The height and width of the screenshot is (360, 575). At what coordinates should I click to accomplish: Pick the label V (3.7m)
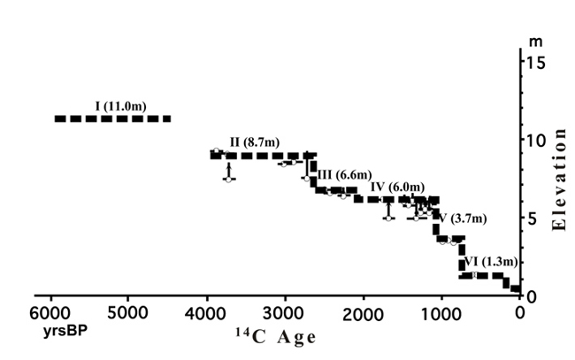click(x=468, y=218)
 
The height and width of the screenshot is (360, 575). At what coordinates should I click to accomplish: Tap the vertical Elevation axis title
click(x=558, y=178)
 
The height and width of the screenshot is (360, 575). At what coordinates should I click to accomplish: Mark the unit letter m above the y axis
click(x=533, y=42)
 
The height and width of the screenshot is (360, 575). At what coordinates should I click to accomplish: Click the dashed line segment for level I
click(x=112, y=119)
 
